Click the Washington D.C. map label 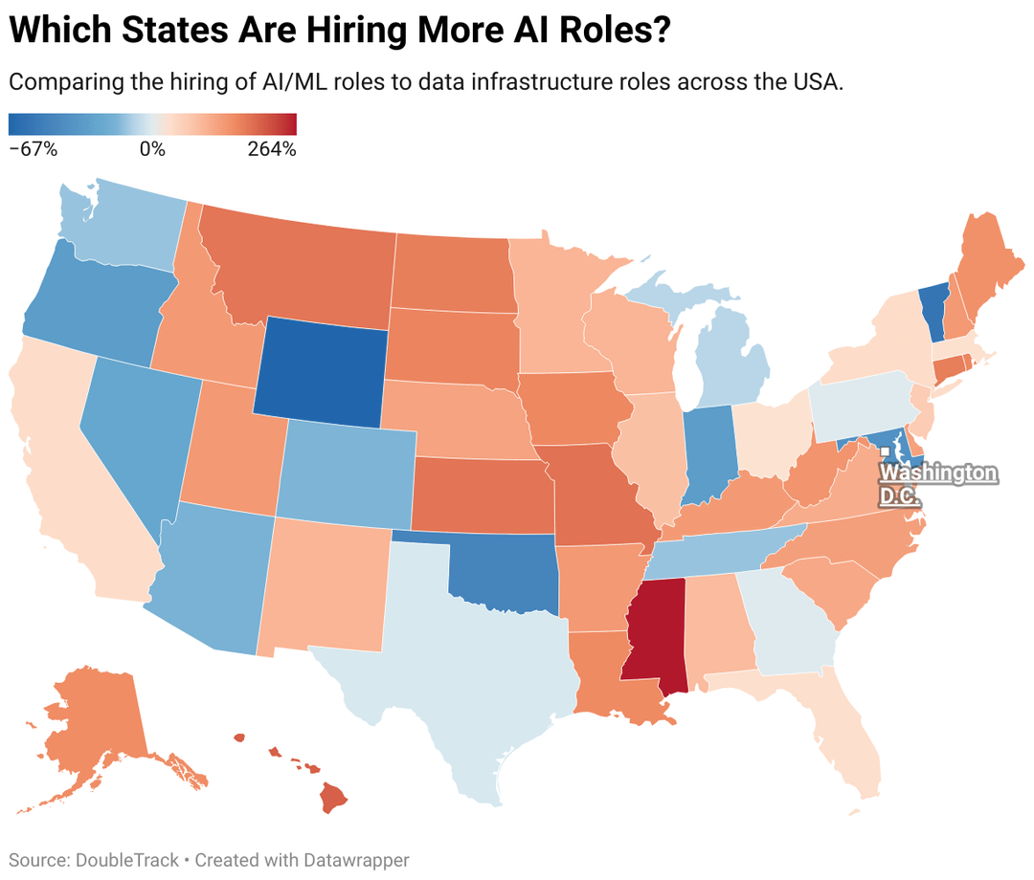pos(938,485)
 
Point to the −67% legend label pos(34,149)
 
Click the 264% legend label pos(272,149)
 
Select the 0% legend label pos(152,149)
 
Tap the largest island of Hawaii pos(333,797)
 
